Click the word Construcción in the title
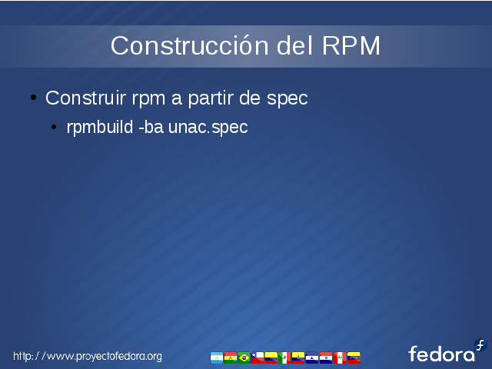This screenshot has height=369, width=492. pyautogui.click(x=190, y=46)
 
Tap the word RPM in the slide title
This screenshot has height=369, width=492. pyautogui.click(x=351, y=46)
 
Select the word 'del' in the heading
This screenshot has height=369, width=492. pyautogui.click(x=295, y=46)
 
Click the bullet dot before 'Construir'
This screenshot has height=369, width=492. pyautogui.click(x=34, y=98)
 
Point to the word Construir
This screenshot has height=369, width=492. pyautogui.click(x=85, y=98)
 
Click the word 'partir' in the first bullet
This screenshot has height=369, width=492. pyautogui.click(x=211, y=99)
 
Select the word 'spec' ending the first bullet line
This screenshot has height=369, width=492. pyautogui.click(x=287, y=100)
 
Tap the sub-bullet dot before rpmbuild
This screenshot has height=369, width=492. pyautogui.click(x=54, y=127)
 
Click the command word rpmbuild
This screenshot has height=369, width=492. pyautogui.click(x=100, y=128)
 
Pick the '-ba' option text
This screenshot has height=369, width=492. pyautogui.click(x=151, y=127)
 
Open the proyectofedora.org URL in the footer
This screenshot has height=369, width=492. pyautogui.click(x=88, y=357)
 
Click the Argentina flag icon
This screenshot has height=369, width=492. pyautogui.click(x=217, y=357)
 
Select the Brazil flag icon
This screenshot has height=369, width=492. pyautogui.click(x=244, y=357)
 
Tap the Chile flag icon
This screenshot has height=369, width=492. pyautogui.click(x=258, y=357)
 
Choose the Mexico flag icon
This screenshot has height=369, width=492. pyautogui.click(x=284, y=357)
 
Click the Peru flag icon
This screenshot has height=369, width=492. pyautogui.click(x=340, y=357)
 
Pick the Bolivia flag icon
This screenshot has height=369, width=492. pyautogui.click(x=231, y=357)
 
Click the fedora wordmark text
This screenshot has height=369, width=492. pyautogui.click(x=441, y=354)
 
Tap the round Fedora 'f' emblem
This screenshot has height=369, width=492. pyautogui.click(x=480, y=345)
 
